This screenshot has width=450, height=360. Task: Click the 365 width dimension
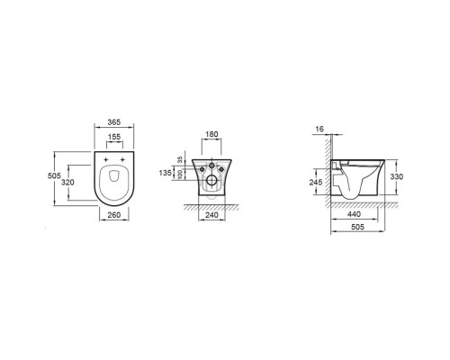114,121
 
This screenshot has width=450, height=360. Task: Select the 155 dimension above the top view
114,137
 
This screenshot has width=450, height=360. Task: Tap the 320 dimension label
67,182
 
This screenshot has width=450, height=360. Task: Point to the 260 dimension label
114,215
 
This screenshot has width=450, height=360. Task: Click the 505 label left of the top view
54,175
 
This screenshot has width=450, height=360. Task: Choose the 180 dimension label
211,134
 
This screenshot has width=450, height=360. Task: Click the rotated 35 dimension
180,160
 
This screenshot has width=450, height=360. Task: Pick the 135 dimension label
166,173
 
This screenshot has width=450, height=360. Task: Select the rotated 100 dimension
180,175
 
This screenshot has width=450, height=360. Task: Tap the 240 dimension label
211,215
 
